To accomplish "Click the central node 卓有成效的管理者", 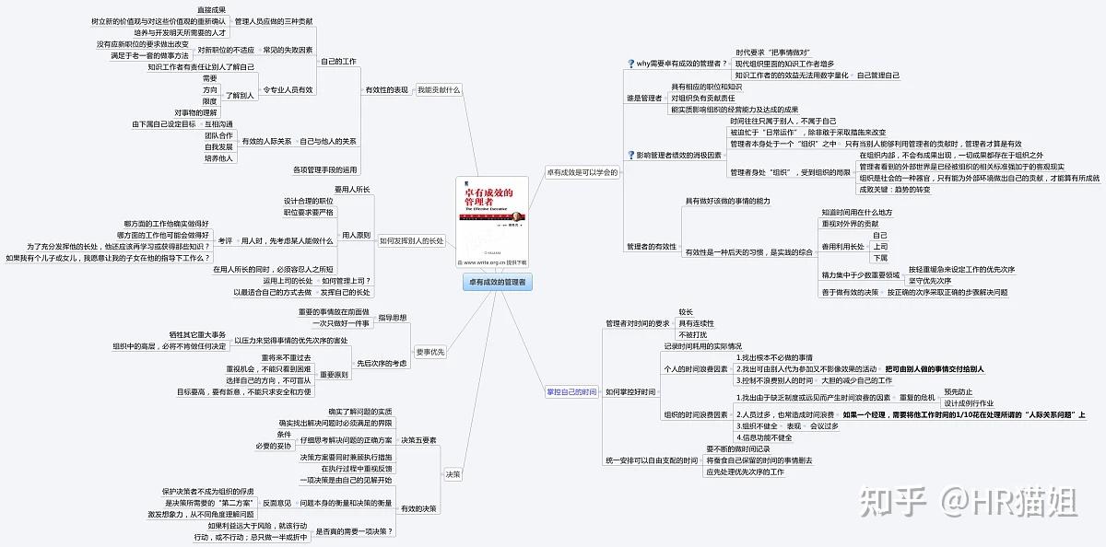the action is (496, 283).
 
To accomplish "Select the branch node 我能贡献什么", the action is (439, 89).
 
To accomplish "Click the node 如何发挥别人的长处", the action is (411, 240).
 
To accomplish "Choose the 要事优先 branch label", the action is (430, 351).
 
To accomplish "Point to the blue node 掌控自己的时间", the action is (571, 392).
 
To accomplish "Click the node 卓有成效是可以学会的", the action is (582, 172).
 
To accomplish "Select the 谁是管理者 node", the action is (644, 98).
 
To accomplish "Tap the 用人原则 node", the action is (356, 235).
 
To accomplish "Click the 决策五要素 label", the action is (418, 440).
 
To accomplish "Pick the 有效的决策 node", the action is (419, 508).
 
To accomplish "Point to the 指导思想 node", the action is (392, 318).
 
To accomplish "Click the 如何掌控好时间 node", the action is (630, 392).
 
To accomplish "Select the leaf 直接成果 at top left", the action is (211, 9).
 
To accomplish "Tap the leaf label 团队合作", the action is (218, 134).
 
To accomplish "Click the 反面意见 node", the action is (277, 503).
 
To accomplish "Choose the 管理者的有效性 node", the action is (652, 247).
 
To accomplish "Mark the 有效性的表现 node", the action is (386, 89).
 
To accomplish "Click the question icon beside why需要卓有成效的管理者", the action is (630, 63).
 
